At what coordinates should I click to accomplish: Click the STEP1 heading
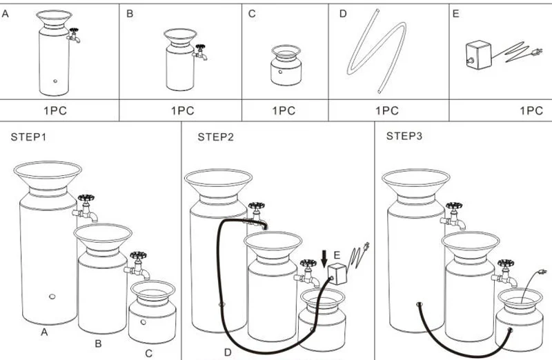point(30,137)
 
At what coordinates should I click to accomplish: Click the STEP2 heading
point(216,137)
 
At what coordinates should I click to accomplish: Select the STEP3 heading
point(405,137)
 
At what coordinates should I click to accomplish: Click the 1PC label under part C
point(284,110)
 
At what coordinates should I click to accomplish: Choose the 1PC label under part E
point(531,110)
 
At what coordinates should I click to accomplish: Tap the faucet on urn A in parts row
point(74,35)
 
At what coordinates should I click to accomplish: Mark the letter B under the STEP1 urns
point(98,342)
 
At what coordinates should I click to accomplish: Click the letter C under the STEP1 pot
point(148,354)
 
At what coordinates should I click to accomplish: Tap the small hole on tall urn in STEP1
point(52,297)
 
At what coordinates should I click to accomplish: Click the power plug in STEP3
point(542,272)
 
